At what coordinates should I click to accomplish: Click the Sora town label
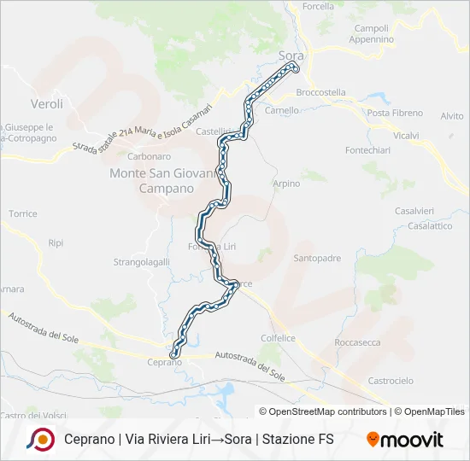pyautogui.click(x=291, y=55)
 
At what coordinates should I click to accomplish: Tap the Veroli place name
pyautogui.click(x=46, y=104)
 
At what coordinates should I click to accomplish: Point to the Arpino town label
pyautogui.click(x=286, y=184)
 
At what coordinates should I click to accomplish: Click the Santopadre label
pyautogui.click(x=317, y=258)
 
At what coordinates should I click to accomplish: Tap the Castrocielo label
pyautogui.click(x=391, y=380)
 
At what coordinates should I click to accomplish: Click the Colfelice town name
pyautogui.click(x=278, y=338)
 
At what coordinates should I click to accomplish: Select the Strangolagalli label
pyautogui.click(x=141, y=262)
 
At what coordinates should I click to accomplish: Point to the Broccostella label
pyautogui.click(x=320, y=92)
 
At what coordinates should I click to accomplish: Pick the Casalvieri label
pyautogui.click(x=414, y=211)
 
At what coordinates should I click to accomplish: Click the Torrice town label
pyautogui.click(x=23, y=213)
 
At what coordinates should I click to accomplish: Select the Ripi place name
pyautogui.click(x=56, y=243)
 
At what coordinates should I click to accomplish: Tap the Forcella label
pyautogui.click(x=318, y=6)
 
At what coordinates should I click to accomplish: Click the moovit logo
pyautogui.click(x=405, y=440)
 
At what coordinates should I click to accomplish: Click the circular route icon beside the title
pyautogui.click(x=39, y=440)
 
